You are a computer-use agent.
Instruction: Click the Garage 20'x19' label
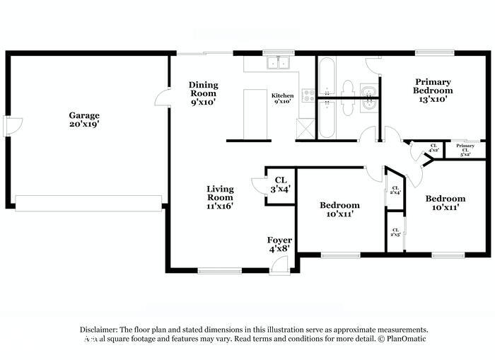point(83,120)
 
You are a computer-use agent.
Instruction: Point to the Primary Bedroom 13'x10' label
point(433,91)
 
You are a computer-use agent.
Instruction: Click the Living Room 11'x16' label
point(220,197)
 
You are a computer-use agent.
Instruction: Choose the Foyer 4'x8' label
point(279,245)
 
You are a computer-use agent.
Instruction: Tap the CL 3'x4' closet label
point(280,185)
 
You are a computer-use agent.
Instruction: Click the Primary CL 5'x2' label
point(465,149)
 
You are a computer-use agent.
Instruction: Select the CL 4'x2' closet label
point(433,149)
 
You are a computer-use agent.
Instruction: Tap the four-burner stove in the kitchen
point(308,95)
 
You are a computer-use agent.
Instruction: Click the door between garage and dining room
point(163,98)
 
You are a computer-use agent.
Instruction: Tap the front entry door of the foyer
point(280,267)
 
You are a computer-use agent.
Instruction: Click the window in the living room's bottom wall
point(219,270)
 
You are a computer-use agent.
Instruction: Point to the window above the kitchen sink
point(274,52)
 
